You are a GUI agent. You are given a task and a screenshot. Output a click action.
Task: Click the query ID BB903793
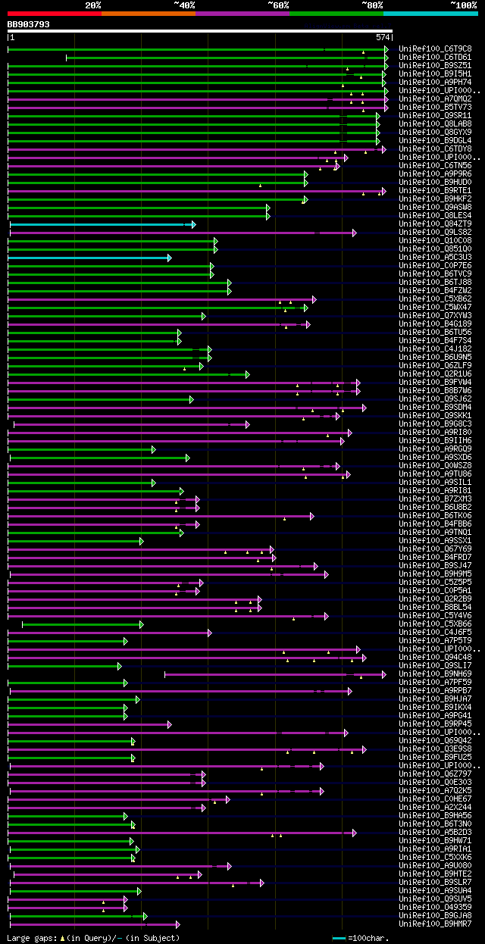click(29, 24)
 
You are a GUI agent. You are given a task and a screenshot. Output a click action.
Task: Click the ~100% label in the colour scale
click(463, 5)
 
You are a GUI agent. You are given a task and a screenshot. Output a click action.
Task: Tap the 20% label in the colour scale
click(93, 5)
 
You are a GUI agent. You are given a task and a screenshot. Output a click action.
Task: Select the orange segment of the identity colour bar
click(148, 13)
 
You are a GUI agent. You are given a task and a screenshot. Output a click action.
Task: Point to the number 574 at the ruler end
click(382, 37)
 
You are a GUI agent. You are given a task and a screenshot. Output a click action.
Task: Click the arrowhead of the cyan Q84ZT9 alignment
click(194, 224)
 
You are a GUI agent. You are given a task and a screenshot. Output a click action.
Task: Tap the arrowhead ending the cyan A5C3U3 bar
click(170, 258)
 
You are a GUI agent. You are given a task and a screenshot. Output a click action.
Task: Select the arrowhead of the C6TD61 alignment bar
click(386, 58)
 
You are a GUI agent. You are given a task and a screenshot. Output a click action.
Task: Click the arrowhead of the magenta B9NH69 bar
click(384, 674)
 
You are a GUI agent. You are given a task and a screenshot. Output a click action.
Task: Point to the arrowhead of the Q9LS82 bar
click(354, 233)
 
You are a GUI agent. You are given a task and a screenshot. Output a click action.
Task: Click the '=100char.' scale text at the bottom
click(368, 938)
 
